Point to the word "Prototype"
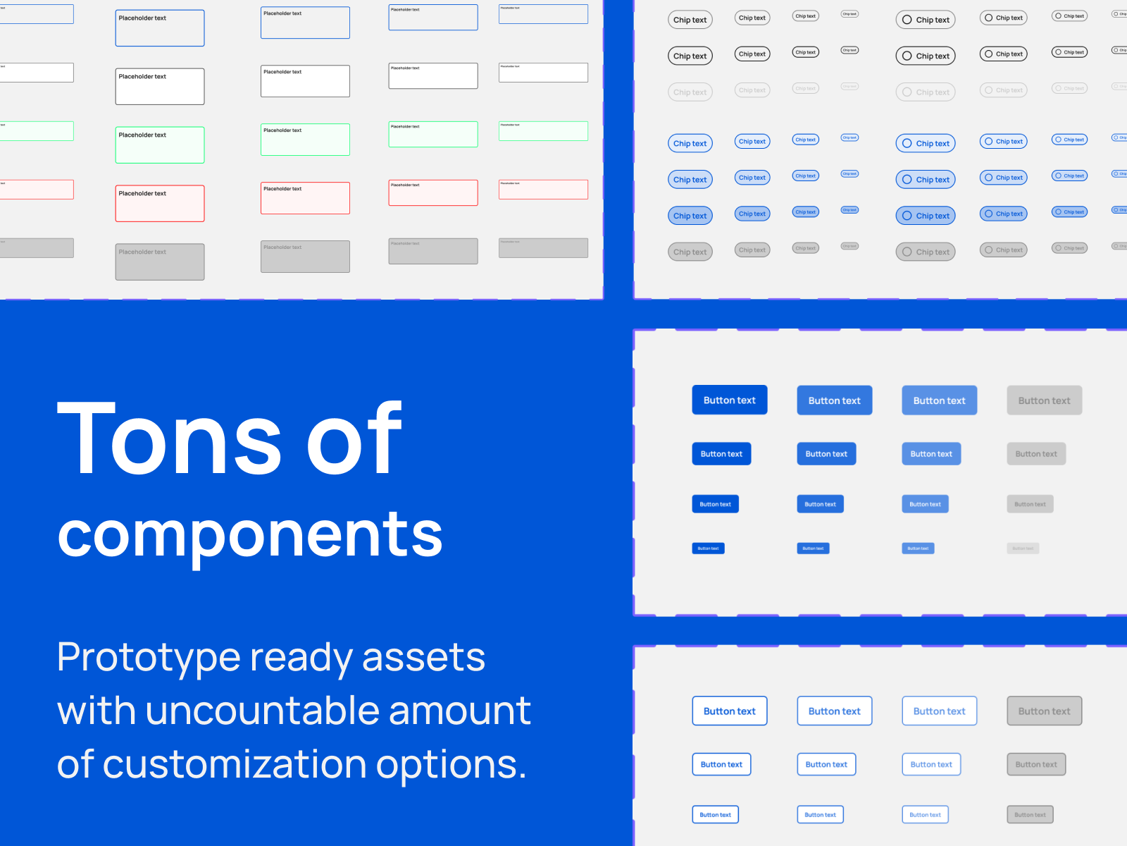(149, 658)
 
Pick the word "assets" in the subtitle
(423, 657)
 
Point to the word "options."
(451, 764)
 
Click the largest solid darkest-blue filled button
(729, 400)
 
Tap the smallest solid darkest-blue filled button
(708, 548)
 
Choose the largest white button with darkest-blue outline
(729, 711)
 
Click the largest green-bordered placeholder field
(160, 145)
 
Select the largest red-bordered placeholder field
(160, 204)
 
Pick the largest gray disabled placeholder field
(160, 262)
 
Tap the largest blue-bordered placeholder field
(160, 28)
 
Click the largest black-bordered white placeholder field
(160, 87)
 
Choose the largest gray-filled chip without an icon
(690, 252)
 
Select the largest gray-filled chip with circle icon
(926, 252)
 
